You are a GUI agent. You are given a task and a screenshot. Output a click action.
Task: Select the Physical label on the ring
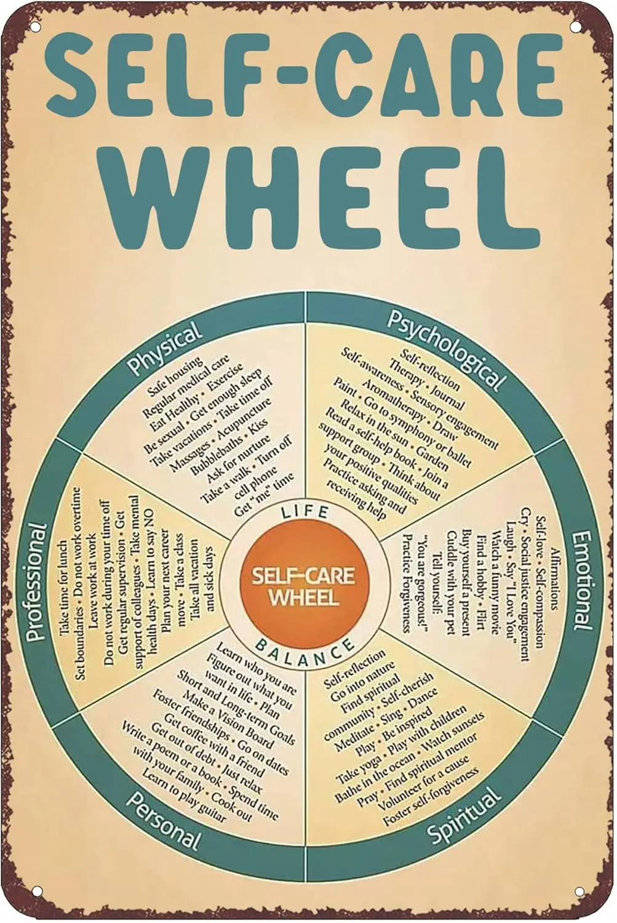pyautogui.click(x=164, y=348)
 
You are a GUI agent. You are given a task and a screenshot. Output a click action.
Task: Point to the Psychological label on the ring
pyautogui.click(x=446, y=349)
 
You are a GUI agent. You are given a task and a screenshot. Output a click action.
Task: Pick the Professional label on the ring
pyautogui.click(x=36, y=581)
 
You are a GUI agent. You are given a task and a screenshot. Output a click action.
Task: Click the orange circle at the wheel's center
pyautogui.click(x=303, y=585)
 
